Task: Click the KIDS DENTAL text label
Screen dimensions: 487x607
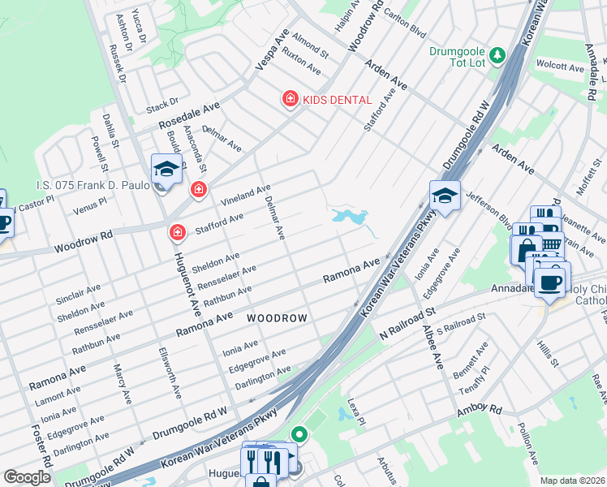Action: point(337,100)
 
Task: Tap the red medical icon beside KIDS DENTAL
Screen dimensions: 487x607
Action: point(289,99)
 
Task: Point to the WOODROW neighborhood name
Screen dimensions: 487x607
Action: point(277,319)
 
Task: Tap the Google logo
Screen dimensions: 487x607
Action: point(28,477)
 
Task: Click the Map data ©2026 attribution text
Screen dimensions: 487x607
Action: point(573,481)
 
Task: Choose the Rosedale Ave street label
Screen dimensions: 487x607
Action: point(189,117)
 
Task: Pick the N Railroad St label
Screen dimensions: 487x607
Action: point(407,323)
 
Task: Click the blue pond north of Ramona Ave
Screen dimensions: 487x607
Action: point(350,217)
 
